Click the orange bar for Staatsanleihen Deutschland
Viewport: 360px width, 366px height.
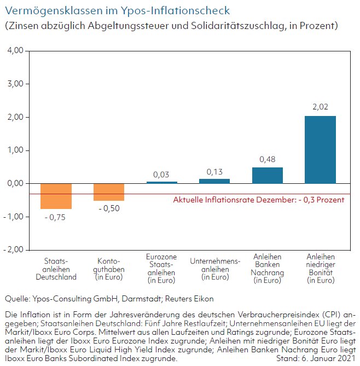tap(56, 196)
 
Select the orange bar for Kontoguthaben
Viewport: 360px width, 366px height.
tap(109, 192)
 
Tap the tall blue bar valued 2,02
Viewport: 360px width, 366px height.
tap(320, 149)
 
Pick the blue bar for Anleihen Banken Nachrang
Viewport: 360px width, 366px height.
tap(268, 175)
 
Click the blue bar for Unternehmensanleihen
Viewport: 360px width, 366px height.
tap(214, 181)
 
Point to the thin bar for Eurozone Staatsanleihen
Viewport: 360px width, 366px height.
tap(162, 183)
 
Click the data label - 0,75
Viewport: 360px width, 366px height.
tap(55, 218)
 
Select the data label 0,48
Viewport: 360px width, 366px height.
tap(268, 159)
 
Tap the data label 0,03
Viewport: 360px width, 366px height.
tap(161, 175)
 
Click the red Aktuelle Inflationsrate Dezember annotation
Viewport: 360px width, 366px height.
tap(259, 200)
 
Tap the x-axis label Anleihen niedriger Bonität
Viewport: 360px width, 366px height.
tap(321, 269)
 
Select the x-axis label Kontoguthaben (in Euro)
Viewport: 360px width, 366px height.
tap(109, 269)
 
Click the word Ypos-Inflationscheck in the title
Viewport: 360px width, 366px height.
tap(175, 11)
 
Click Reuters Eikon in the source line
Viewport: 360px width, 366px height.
tap(189, 299)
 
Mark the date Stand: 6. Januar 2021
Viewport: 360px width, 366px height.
tap(316, 358)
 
